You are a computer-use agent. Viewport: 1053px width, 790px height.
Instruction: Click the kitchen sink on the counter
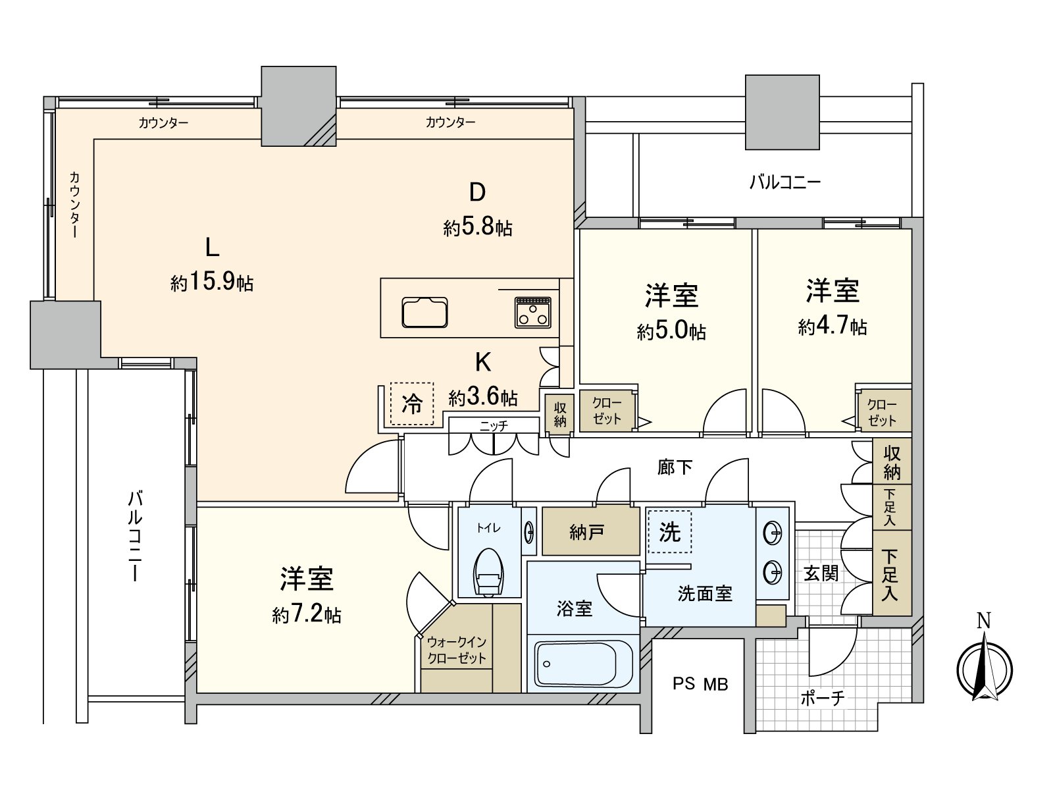[425, 313]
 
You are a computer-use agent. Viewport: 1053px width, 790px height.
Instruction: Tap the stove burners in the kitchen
[533, 312]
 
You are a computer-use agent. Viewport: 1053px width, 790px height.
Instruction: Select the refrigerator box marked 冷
[412, 404]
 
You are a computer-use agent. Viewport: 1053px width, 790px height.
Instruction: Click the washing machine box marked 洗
[669, 531]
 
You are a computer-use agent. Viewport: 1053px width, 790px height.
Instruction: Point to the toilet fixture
[488, 571]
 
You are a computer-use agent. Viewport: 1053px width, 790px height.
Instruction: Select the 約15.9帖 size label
[212, 282]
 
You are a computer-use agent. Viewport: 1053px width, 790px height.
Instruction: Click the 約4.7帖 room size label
[833, 327]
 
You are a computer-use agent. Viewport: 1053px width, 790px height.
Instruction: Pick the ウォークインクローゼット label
[457, 650]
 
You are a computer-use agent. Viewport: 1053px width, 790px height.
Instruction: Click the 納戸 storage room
[587, 532]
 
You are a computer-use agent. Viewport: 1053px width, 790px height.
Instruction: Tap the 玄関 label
[821, 573]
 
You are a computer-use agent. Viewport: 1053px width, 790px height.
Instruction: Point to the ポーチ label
[822, 698]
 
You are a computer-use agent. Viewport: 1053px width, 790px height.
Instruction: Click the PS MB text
[700, 685]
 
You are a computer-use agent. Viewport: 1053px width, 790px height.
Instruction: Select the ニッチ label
[494, 426]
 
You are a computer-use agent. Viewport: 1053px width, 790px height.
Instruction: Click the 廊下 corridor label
[675, 467]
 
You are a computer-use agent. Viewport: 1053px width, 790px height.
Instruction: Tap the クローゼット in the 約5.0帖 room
[607, 411]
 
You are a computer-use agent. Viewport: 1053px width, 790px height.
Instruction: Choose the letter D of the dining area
[477, 192]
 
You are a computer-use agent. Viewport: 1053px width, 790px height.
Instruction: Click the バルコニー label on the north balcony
[785, 182]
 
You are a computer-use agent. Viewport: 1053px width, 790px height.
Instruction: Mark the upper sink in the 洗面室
[773, 531]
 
